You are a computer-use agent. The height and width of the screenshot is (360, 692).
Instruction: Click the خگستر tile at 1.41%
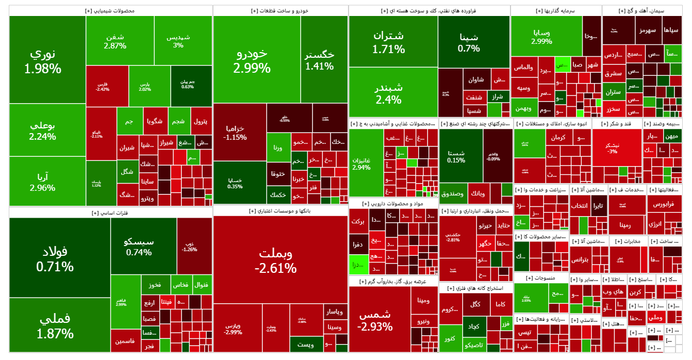click(319, 60)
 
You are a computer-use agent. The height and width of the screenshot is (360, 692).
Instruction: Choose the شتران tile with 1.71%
click(388, 42)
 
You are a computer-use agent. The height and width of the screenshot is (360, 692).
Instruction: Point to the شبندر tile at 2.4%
click(388, 93)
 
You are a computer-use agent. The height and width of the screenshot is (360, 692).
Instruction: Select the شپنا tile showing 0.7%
click(469, 42)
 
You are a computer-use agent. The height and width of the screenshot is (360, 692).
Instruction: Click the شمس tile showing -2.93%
click(375, 320)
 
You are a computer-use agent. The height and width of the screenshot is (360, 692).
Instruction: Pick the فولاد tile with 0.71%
click(55, 258)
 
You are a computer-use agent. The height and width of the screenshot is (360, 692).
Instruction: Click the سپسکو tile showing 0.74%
click(139, 247)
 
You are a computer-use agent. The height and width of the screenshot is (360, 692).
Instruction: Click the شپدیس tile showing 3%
click(178, 41)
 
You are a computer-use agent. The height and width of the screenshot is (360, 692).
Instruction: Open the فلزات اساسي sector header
click(110, 212)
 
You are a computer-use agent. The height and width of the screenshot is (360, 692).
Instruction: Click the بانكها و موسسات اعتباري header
click(280, 210)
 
